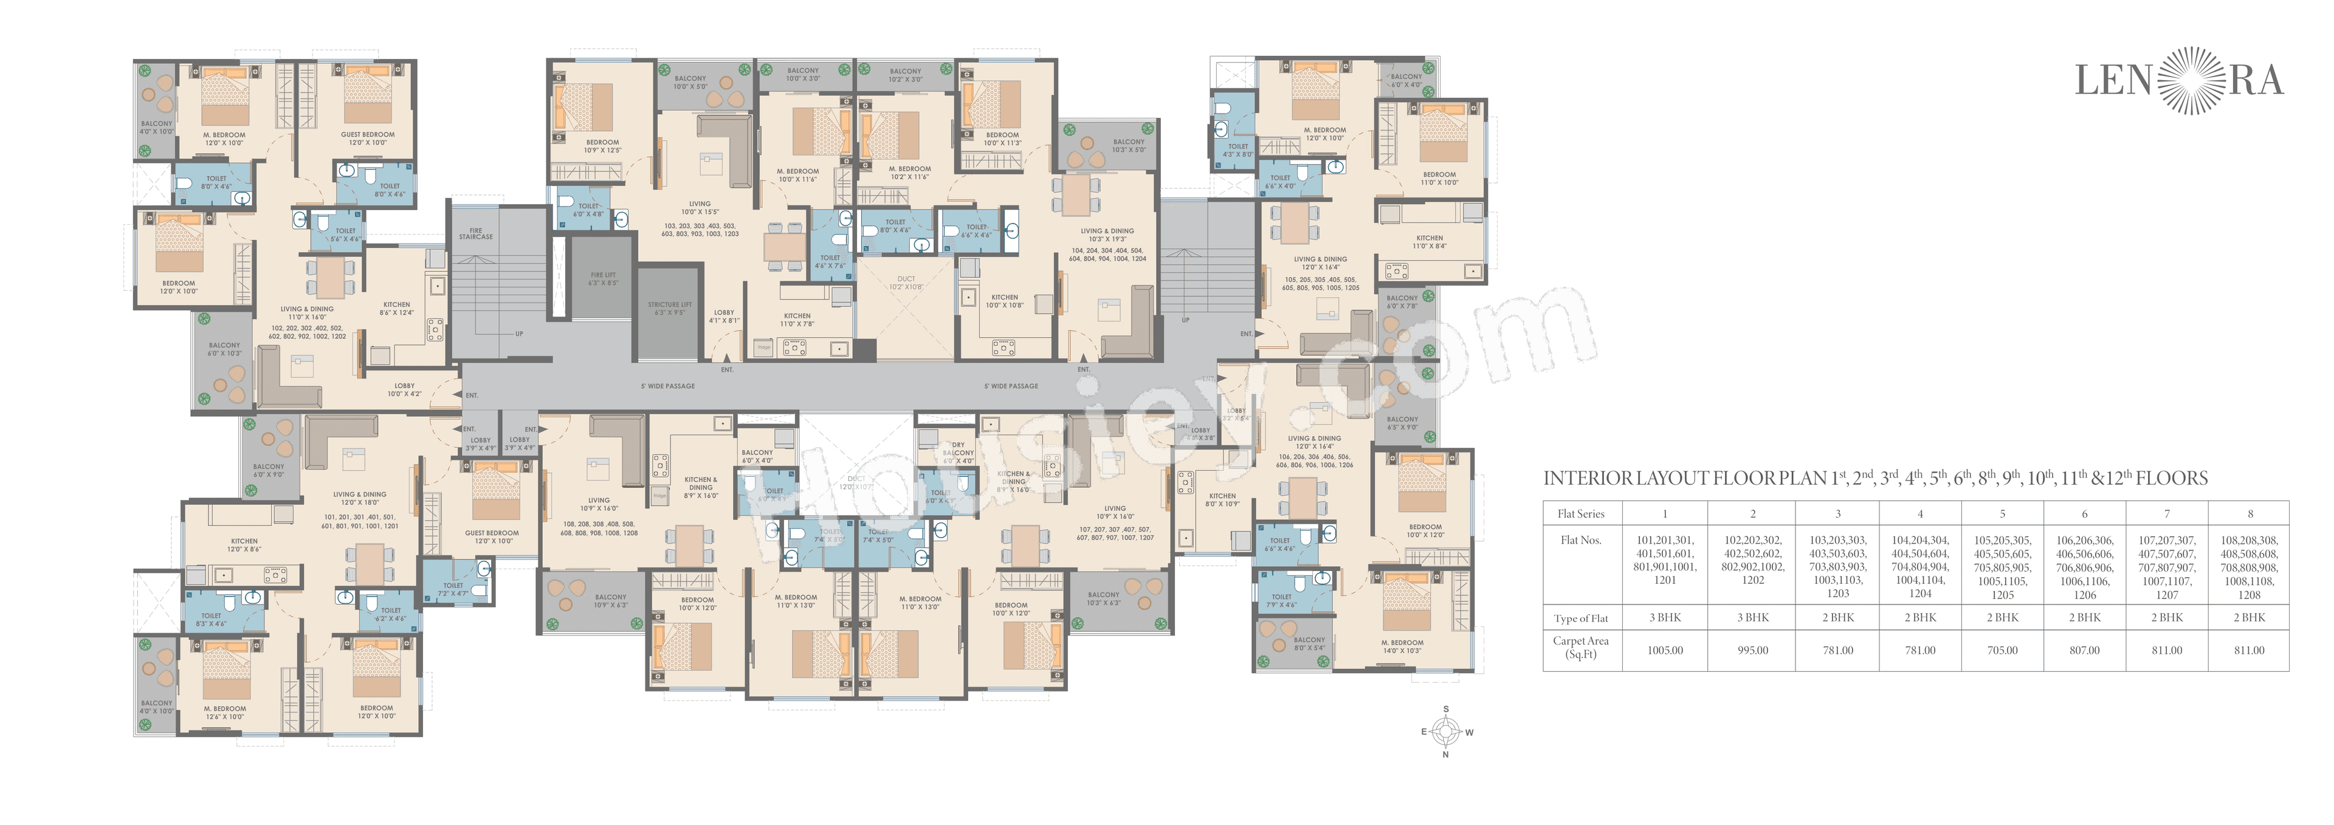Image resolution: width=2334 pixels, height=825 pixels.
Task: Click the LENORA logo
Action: coord(2178,81)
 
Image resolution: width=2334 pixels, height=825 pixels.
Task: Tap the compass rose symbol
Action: coord(1446,731)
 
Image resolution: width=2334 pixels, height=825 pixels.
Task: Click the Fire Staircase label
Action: coord(476,234)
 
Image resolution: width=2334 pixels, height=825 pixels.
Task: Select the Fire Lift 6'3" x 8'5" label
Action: coord(604,279)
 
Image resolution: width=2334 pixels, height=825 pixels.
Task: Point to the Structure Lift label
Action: coord(670,309)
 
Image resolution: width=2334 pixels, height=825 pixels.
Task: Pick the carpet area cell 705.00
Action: coord(2002,650)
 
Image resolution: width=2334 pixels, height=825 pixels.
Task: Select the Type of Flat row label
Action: coord(1581,618)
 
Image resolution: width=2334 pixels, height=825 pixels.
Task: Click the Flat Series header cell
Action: coord(1581,513)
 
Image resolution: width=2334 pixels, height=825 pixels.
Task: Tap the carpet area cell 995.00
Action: coord(1752,650)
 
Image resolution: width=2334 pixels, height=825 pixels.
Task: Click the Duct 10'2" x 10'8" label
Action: coord(906,282)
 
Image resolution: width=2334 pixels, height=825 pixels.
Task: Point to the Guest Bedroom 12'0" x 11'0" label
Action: coord(368,139)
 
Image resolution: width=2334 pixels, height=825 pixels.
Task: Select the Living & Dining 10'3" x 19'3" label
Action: coord(1107,234)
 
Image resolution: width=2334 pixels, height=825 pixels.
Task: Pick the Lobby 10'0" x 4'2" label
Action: coord(404,389)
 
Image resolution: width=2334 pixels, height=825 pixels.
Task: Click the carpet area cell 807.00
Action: coord(2084,650)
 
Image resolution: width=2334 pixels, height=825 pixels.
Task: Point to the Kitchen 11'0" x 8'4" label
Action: coord(1430,242)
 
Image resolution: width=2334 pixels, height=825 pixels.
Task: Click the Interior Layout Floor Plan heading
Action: coord(1876,478)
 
